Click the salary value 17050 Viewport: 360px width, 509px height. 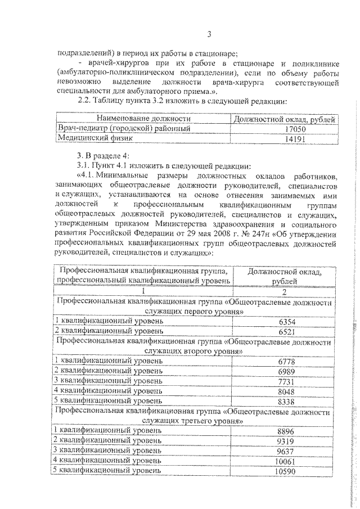(285, 129)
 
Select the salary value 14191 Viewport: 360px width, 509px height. (285, 139)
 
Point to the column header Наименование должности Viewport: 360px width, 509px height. (143, 119)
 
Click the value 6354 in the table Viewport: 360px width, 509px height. (286, 322)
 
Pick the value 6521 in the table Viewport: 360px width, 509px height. (286, 332)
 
